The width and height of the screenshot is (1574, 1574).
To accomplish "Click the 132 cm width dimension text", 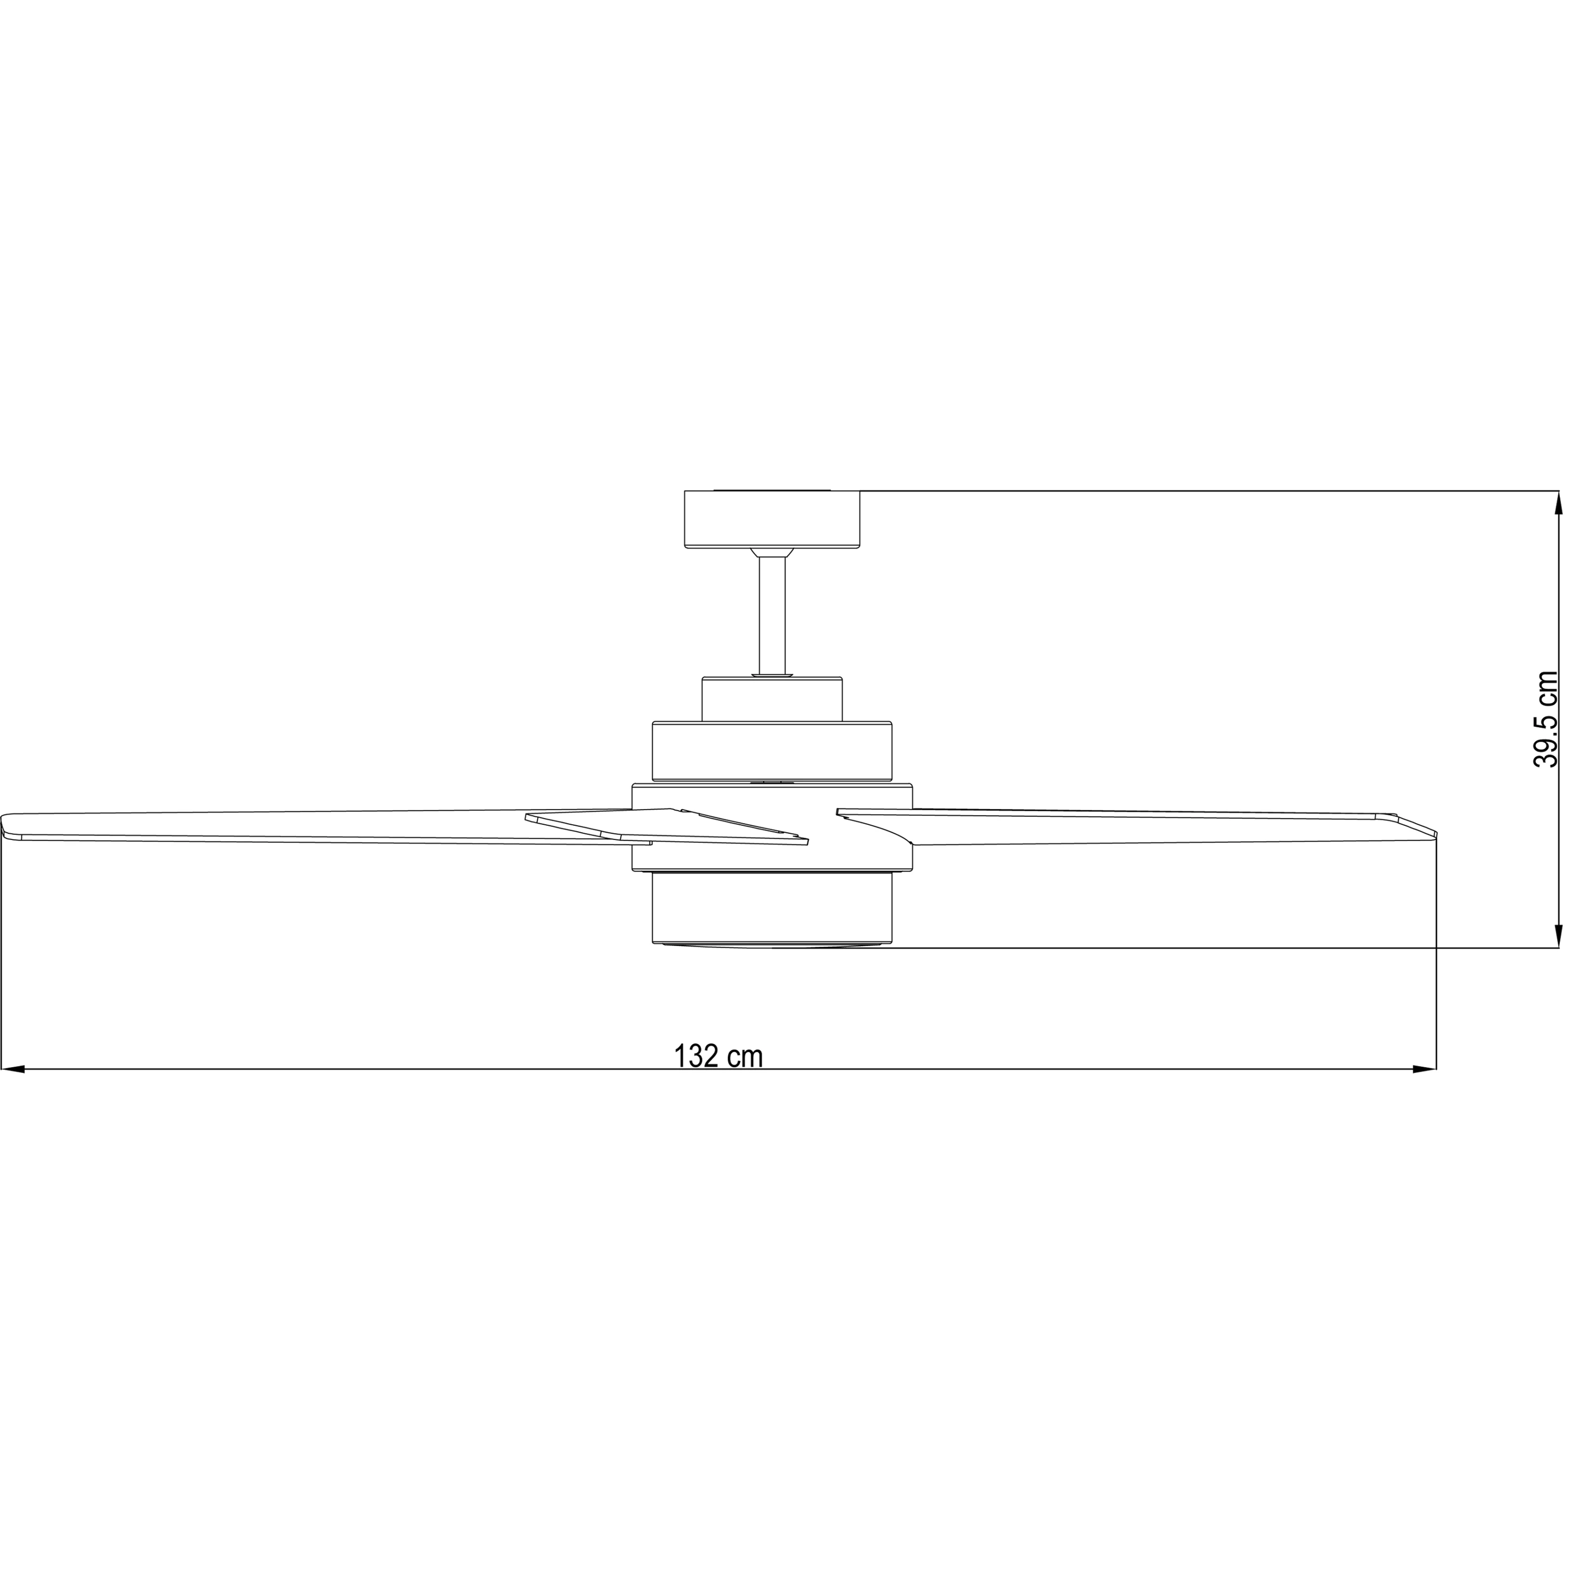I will (719, 1056).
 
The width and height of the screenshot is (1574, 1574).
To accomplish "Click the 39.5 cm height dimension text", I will (1545, 719).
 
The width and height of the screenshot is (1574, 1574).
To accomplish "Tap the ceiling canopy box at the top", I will (772, 519).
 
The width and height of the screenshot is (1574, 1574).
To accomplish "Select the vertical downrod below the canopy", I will (772, 615).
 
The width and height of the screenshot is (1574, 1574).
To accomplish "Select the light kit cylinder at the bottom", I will (772, 908).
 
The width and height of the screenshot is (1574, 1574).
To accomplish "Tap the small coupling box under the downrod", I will (772, 699).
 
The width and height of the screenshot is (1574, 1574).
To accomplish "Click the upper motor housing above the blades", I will (772, 751).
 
